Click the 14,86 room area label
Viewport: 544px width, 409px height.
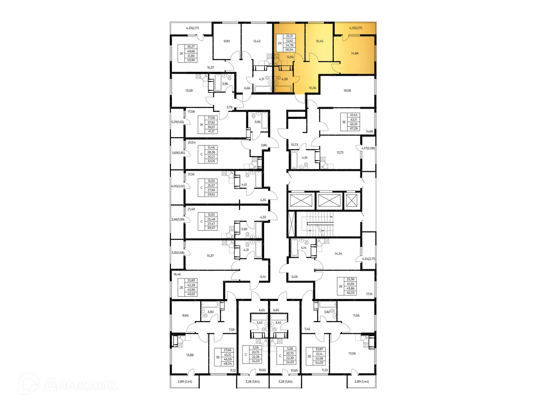[x=355, y=53]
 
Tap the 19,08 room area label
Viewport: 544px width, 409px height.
[x=347, y=91]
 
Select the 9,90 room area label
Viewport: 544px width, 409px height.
[x=227, y=41]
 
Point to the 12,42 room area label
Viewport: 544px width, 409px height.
[x=257, y=41]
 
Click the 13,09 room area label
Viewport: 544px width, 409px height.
[x=189, y=91]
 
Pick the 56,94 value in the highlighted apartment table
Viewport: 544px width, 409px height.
[x=289, y=50]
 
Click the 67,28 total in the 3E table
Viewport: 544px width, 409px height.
[x=354, y=129]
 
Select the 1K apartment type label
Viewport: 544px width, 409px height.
[x=201, y=125]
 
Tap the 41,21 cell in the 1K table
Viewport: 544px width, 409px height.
[x=211, y=131]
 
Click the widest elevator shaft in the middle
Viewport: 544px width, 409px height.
[x=329, y=200]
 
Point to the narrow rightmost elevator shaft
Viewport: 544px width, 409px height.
[x=352, y=200]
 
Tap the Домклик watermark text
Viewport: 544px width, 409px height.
[x=80, y=385]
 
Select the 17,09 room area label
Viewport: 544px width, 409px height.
[x=352, y=353]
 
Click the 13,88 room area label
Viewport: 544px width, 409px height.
[x=190, y=355]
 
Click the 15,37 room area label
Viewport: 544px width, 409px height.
[x=210, y=256]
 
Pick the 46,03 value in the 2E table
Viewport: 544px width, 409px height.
[x=350, y=293]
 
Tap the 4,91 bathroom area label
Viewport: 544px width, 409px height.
[x=305, y=158]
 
